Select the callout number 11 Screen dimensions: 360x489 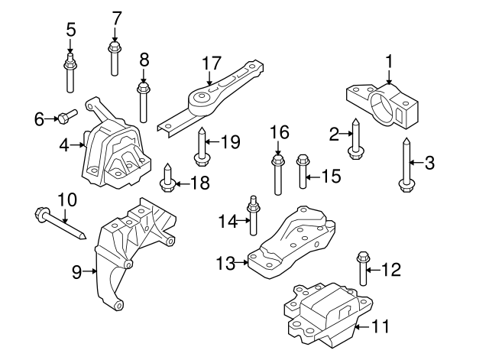point(380,326)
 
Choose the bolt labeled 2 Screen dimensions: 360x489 point(355,141)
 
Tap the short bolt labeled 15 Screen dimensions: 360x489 point(302,173)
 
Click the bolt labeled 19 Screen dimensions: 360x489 point(202,148)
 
